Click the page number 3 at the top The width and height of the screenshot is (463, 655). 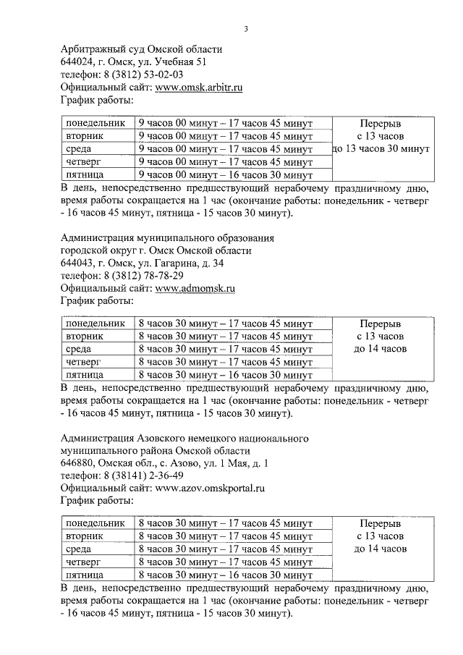point(245,29)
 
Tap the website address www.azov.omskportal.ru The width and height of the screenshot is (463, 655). point(210,488)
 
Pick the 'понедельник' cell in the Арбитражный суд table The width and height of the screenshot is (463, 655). point(95,123)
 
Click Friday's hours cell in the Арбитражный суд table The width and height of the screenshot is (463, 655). point(225,174)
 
